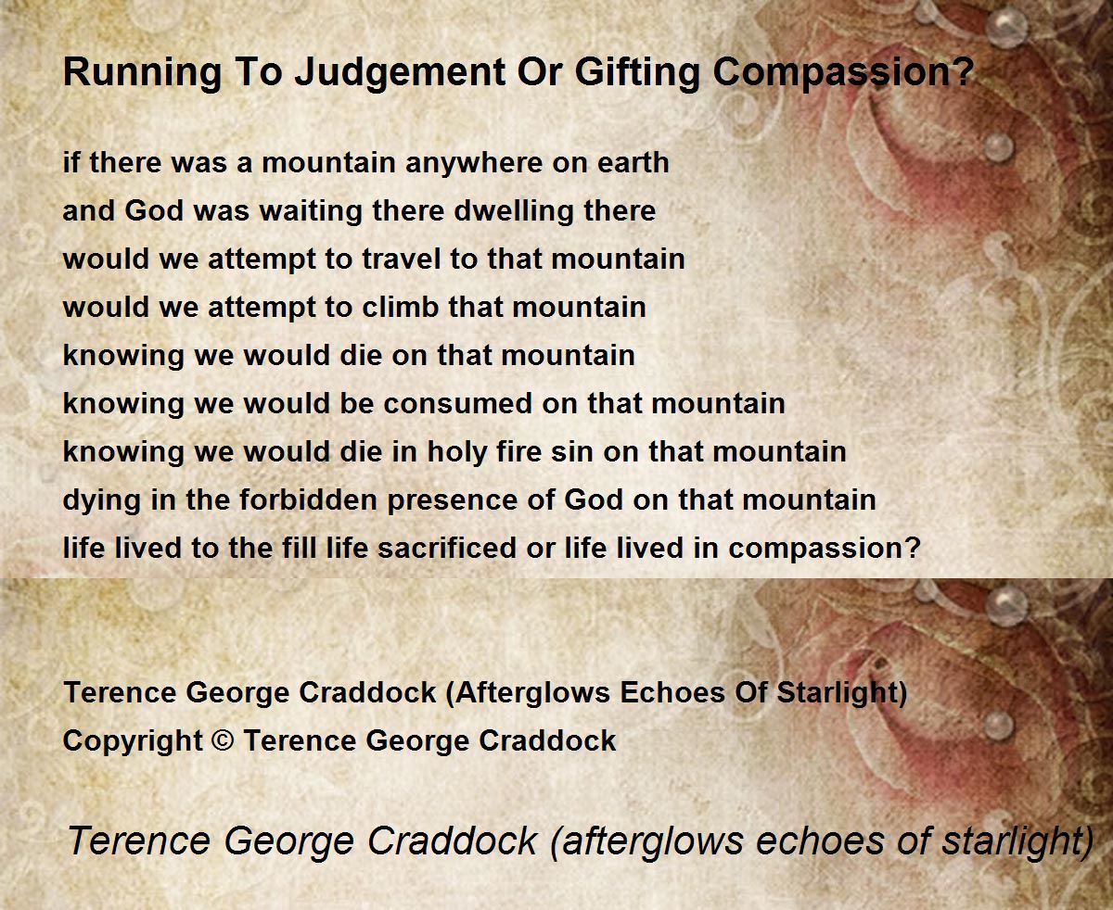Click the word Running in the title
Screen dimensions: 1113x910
click(143, 73)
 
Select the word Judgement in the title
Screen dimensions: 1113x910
click(401, 73)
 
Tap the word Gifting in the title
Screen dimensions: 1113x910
click(637, 73)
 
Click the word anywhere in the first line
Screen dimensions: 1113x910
click(474, 163)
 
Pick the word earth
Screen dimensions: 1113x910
click(633, 162)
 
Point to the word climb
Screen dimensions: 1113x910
click(401, 308)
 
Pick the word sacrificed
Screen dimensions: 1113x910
click(447, 549)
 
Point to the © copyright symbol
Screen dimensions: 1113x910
click(224, 740)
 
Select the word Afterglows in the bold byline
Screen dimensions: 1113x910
click(529, 693)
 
